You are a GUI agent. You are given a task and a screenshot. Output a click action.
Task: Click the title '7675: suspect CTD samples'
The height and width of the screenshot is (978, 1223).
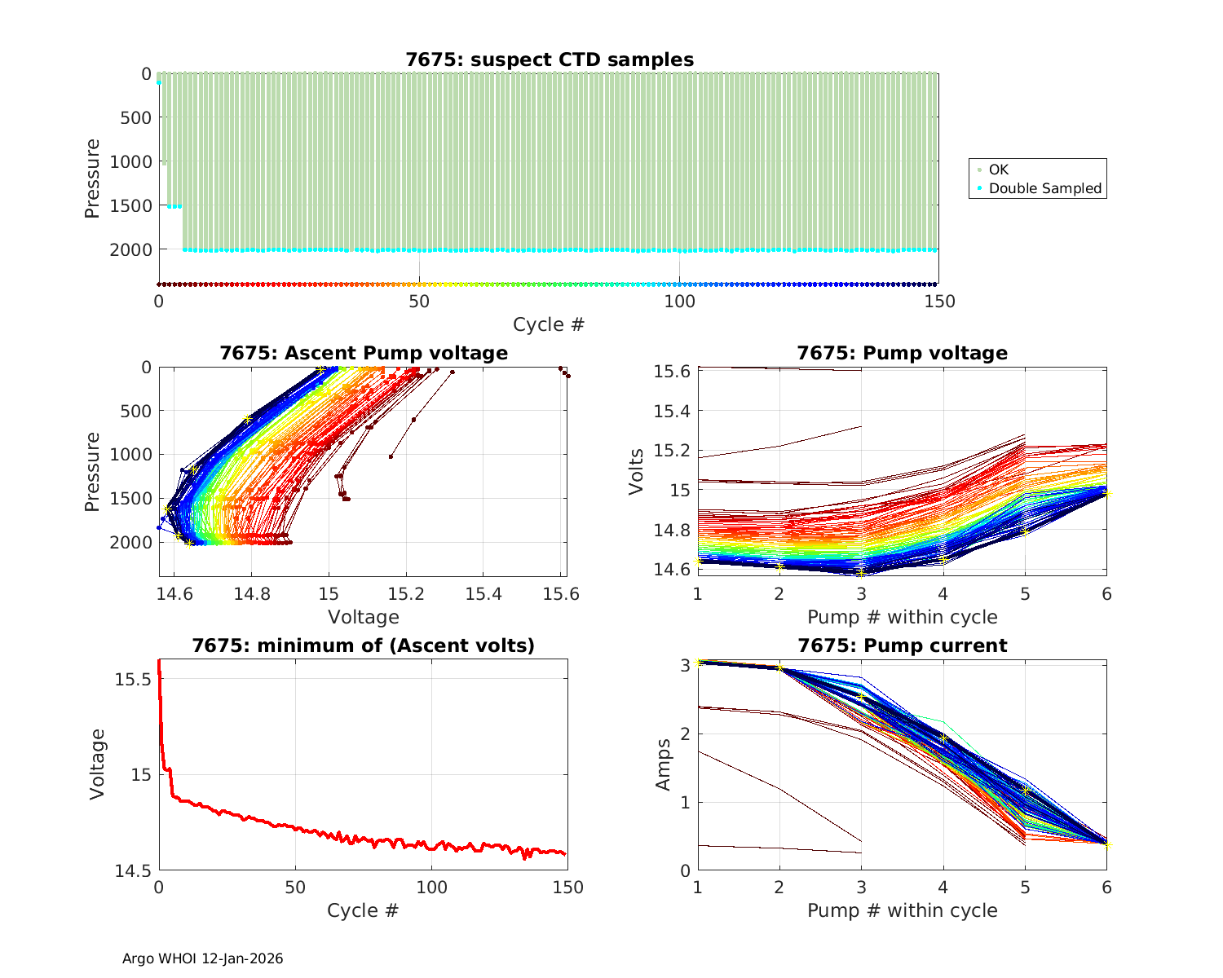(550, 59)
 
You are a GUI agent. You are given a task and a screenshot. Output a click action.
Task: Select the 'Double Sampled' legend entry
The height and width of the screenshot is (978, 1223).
(1044, 188)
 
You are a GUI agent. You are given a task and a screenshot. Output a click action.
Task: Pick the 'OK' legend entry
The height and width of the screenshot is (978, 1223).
(998, 170)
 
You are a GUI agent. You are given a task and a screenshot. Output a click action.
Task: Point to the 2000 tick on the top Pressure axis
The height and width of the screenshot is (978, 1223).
(130, 249)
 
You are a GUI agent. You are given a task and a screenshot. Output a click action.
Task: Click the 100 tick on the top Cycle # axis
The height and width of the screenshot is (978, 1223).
(679, 302)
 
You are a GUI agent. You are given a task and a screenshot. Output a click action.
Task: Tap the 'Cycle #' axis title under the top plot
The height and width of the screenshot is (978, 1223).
(549, 324)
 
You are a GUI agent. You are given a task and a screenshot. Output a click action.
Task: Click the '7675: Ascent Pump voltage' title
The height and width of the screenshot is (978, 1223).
(364, 353)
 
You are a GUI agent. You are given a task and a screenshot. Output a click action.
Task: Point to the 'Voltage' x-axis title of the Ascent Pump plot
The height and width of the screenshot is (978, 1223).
(364, 617)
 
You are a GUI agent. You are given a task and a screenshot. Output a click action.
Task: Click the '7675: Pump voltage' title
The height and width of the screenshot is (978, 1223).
(902, 353)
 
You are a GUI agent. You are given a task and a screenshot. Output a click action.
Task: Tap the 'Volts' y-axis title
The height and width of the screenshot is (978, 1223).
(637, 471)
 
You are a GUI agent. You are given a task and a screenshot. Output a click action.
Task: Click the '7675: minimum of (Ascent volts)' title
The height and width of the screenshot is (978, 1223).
(364, 645)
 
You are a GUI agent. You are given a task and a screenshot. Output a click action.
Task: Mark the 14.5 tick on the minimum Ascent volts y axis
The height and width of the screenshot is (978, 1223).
(131, 871)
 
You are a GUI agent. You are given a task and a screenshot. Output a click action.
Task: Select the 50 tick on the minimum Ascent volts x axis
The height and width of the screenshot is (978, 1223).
(295, 888)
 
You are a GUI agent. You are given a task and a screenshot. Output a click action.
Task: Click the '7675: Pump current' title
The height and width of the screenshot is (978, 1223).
(902, 645)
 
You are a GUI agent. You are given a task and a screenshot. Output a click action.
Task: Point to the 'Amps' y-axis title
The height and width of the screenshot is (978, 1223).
(664, 764)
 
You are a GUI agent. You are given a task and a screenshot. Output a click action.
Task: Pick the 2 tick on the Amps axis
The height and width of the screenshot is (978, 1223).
(683, 733)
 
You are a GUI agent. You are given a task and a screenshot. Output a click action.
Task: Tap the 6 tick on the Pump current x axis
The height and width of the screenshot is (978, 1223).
(1106, 888)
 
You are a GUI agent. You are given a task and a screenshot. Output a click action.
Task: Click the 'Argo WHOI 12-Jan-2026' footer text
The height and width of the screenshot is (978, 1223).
(203, 958)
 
